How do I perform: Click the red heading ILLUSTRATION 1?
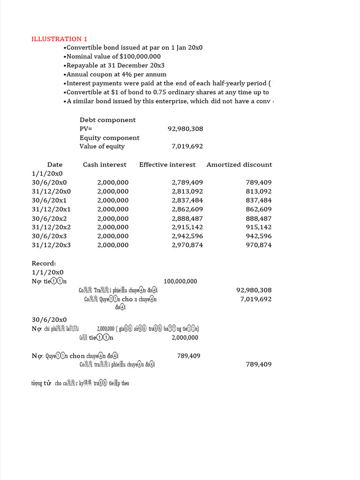tap(59, 39)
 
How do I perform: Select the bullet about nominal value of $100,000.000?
tap(112, 56)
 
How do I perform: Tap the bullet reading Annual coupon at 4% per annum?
tap(115, 74)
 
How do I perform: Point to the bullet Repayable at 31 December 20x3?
tap(114, 65)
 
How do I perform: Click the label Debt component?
tap(107, 120)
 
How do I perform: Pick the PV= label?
tap(86, 129)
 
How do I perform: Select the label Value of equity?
tap(102, 146)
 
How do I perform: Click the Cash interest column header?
tap(105, 165)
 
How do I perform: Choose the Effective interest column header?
tap(167, 165)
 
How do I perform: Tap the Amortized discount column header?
tap(239, 165)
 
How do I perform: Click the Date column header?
tap(55, 165)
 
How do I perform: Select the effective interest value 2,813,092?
tap(187, 191)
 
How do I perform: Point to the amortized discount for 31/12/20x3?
tap(258, 245)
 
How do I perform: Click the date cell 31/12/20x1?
tap(51, 209)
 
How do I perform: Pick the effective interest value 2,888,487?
tap(187, 218)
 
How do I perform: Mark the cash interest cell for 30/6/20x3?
tap(112, 236)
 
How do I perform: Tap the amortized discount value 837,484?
tap(258, 200)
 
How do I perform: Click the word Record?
tap(44, 263)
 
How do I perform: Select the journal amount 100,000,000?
tap(180, 281)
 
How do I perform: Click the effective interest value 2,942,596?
tap(187, 236)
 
